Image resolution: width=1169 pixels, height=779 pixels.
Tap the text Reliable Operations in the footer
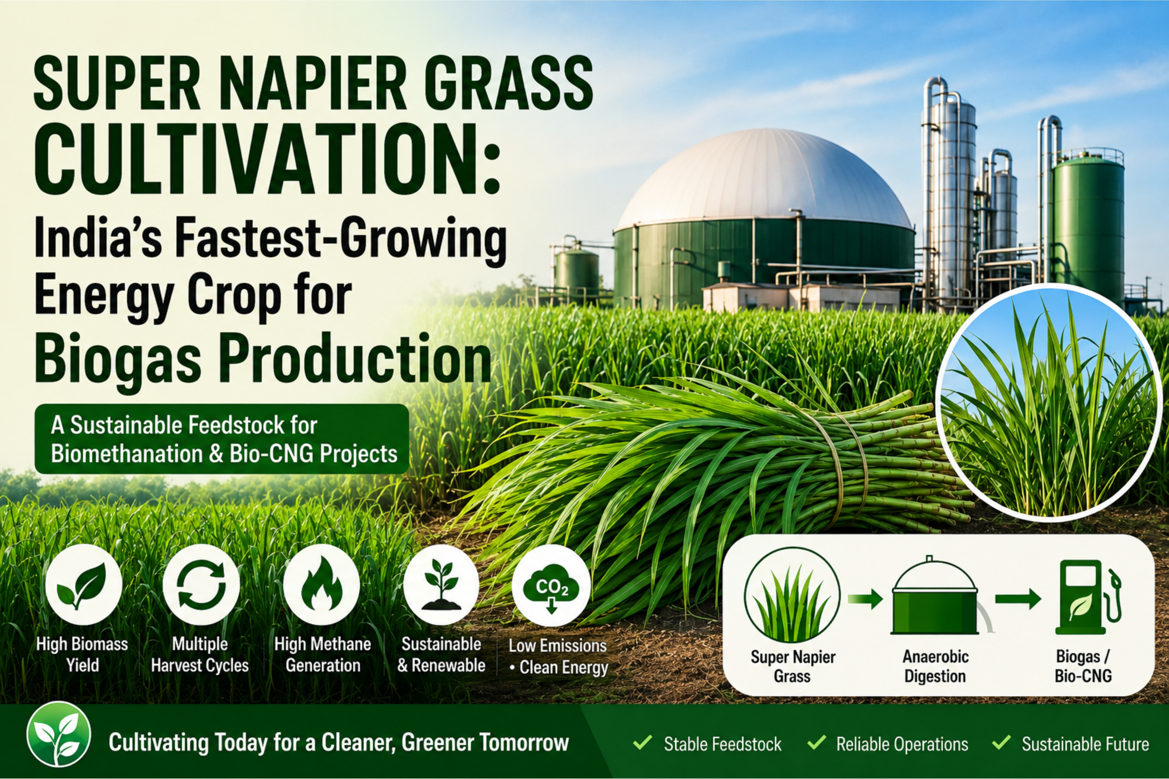(x=902, y=744)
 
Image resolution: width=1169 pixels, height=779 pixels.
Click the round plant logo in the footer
(x=59, y=734)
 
